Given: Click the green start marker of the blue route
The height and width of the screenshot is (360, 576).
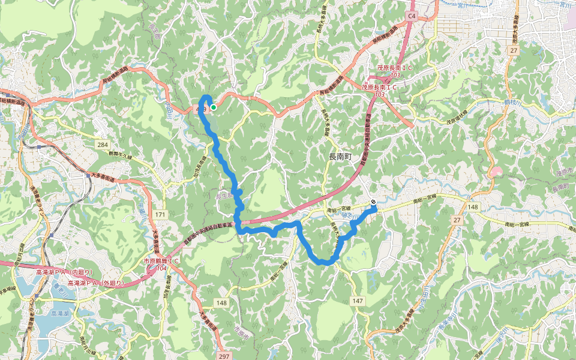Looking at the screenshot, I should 214,107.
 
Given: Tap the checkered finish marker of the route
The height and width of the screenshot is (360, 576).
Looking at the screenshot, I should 373,202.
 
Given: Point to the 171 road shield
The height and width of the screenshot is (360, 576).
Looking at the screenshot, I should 159,214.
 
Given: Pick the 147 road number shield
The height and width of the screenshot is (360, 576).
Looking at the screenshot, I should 358,300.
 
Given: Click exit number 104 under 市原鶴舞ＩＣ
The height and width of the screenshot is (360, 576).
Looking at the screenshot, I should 161,268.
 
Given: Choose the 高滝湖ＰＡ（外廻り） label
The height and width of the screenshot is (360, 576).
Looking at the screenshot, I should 95,283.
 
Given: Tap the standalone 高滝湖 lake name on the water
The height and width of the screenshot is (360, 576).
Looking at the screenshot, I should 59,313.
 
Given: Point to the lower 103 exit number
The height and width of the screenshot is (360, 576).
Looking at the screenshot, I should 379,94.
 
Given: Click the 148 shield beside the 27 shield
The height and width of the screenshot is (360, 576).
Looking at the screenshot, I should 473,207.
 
